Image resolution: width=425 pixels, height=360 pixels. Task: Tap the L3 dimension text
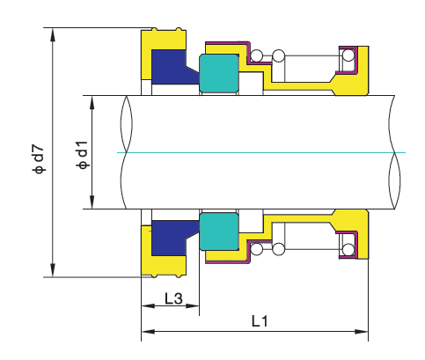coord(173,298)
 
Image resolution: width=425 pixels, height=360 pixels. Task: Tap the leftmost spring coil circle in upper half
coord(256,56)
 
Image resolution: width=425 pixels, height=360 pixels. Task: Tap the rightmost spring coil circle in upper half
coord(349,56)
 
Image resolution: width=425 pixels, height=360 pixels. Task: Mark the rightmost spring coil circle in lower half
coord(349,248)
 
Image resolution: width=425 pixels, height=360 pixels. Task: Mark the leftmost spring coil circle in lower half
coord(256,248)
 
